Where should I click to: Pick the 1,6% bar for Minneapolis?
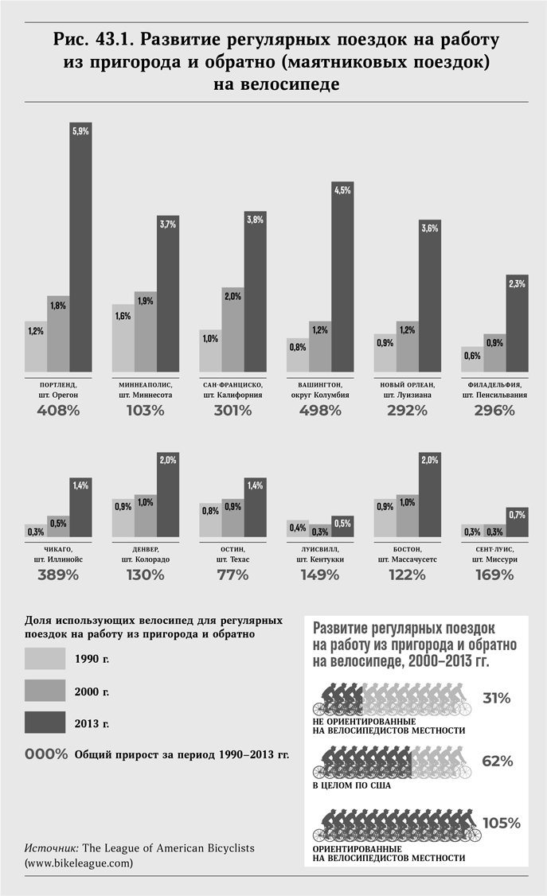[123, 337]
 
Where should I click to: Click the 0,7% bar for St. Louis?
[517, 521]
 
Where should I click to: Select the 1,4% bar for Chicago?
[80, 507]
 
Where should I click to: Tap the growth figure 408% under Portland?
[58, 411]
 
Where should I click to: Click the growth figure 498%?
[320, 411]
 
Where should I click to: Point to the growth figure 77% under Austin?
[232, 575]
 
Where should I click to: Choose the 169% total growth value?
[494, 575]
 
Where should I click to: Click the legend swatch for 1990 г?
[45, 658]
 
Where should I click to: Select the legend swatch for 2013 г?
[45, 723]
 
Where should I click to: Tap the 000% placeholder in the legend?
[46, 754]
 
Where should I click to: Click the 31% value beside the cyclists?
[498, 698]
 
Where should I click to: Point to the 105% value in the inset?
[501, 822]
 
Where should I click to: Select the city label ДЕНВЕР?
[145, 549]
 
